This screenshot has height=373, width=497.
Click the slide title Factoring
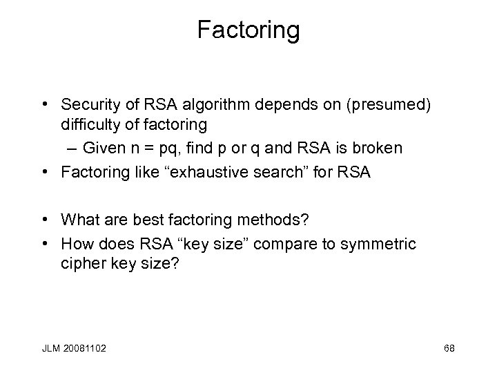coord(248,30)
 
